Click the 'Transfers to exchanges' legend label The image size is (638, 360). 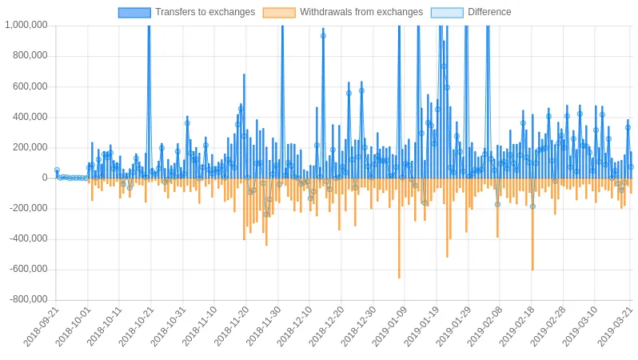click(x=205, y=12)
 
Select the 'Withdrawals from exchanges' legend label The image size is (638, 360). click(x=361, y=12)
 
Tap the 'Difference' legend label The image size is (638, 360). click(x=489, y=12)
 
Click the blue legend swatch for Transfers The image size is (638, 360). click(x=134, y=12)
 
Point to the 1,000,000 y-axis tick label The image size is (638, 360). click(x=26, y=26)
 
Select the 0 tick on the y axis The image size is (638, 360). click(x=45, y=178)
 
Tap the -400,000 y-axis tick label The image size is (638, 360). click(x=29, y=238)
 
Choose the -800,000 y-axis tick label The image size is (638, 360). click(x=29, y=299)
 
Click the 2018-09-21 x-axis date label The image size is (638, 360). click(x=41, y=326)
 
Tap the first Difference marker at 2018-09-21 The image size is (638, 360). click(x=57, y=170)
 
